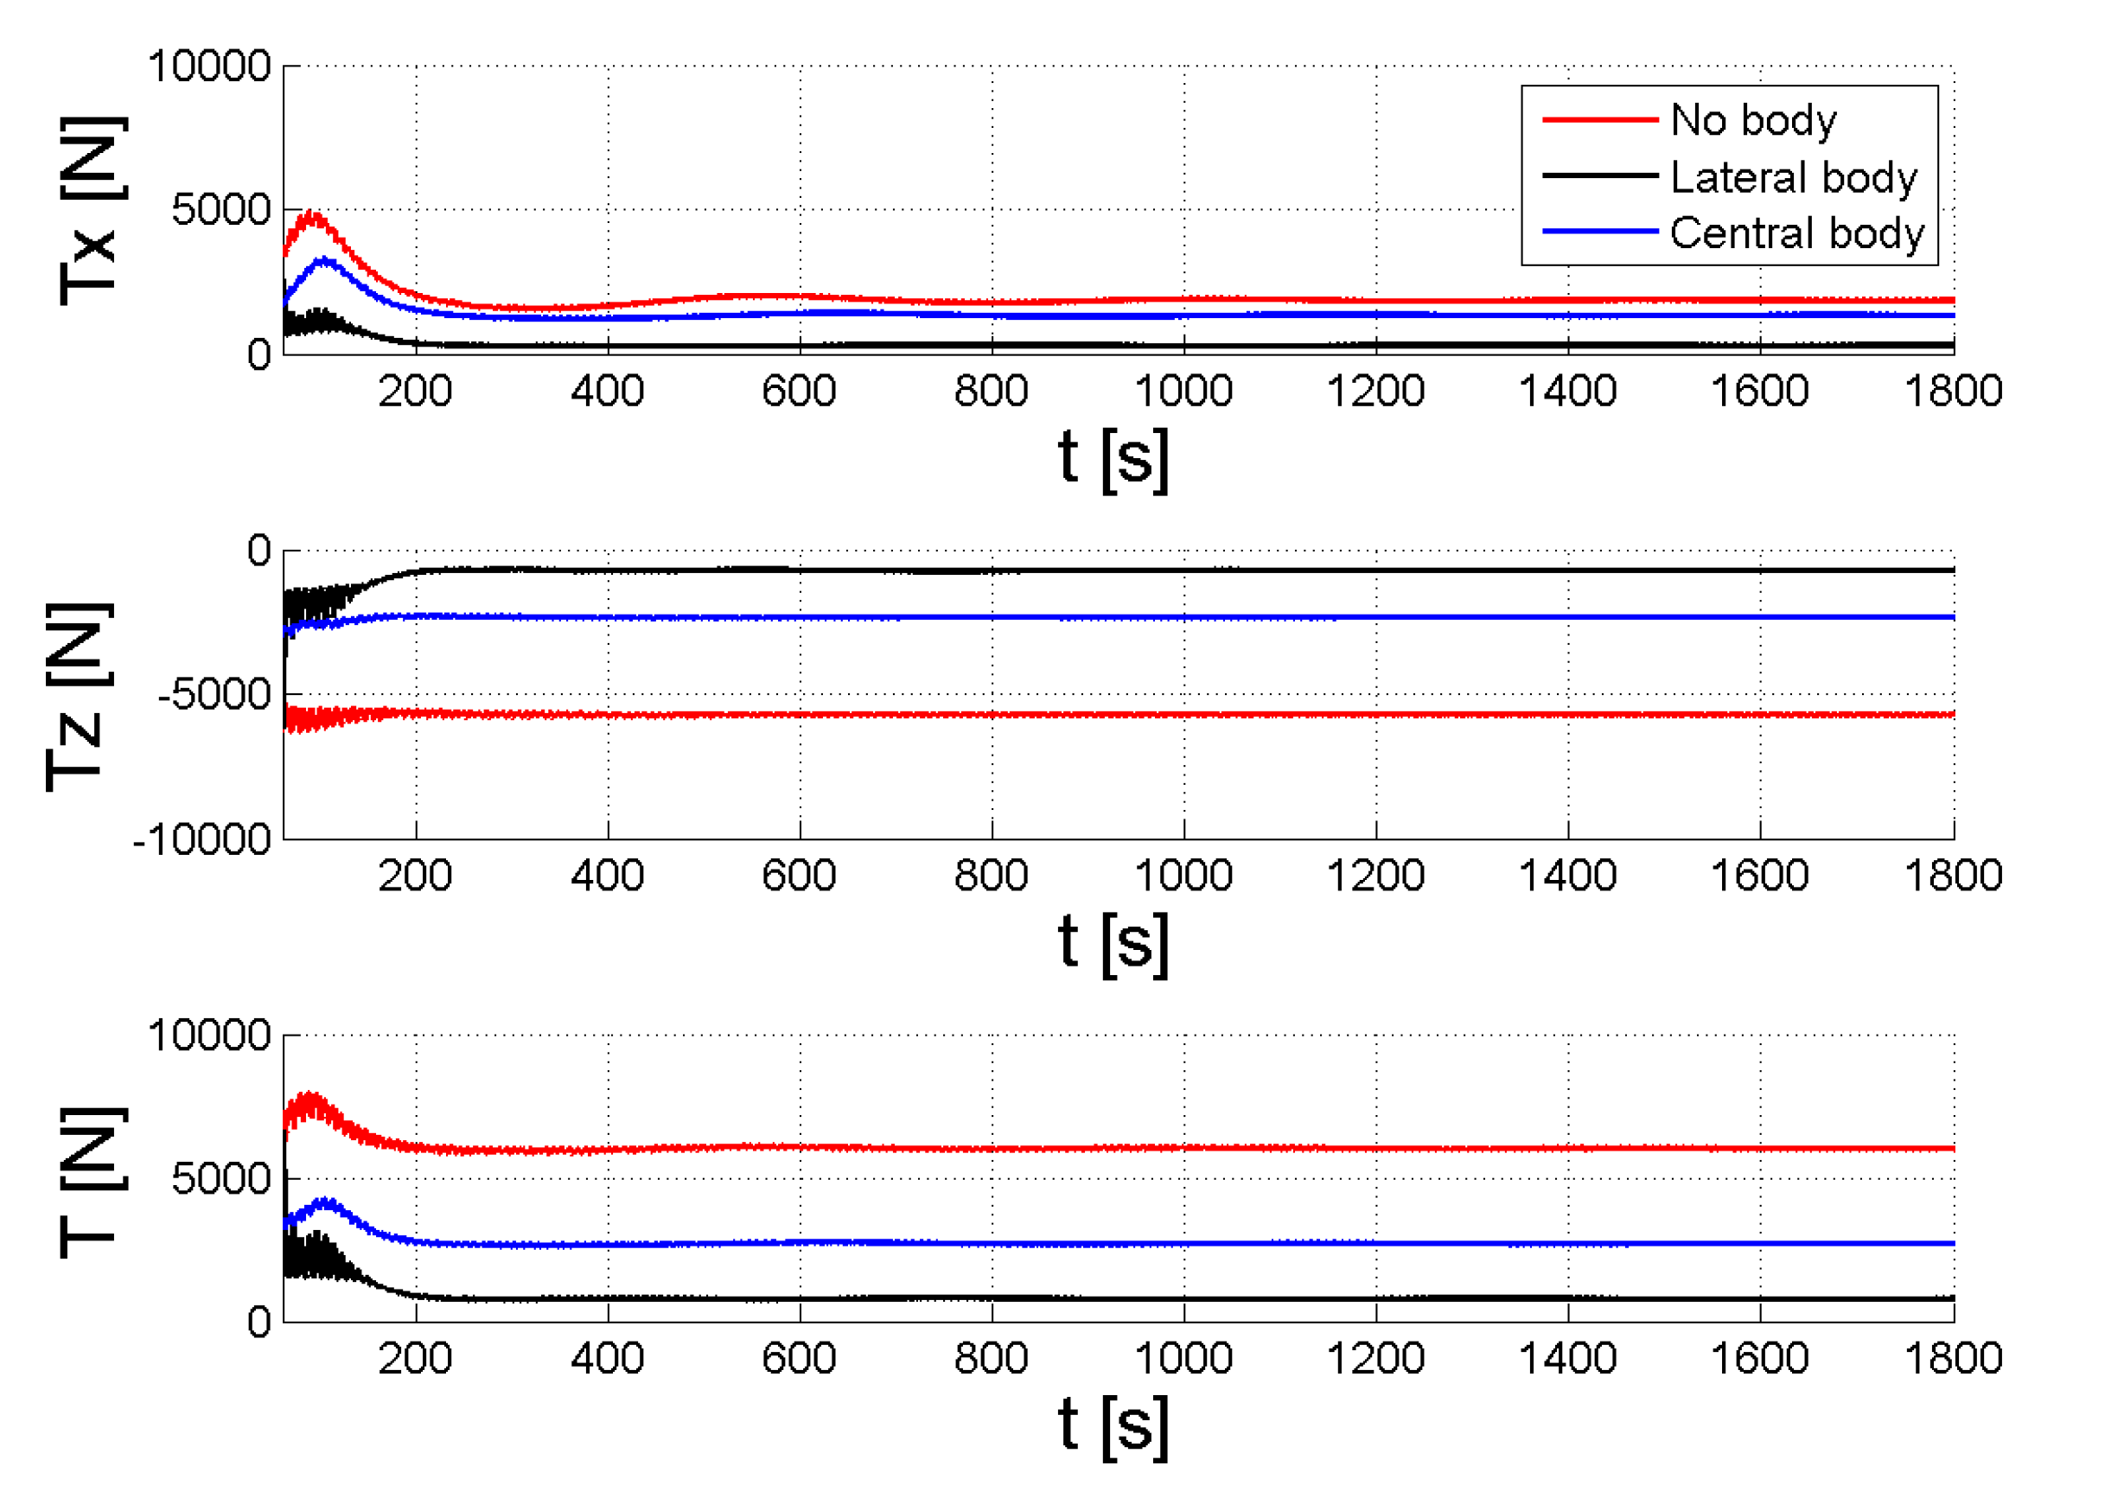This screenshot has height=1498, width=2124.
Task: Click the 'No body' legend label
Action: pyautogui.click(x=1753, y=120)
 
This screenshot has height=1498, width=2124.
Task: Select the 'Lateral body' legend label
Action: pyautogui.click(x=1794, y=176)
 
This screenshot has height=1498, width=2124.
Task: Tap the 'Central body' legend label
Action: pyautogui.click(x=1796, y=233)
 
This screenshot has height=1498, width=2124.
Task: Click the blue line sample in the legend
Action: pyautogui.click(x=1599, y=232)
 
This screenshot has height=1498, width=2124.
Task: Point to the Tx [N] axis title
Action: pyautogui.click(x=91, y=211)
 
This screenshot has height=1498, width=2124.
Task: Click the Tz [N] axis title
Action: pyautogui.click(x=79, y=697)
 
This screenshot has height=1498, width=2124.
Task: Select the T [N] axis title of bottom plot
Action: pyautogui.click(x=91, y=1182)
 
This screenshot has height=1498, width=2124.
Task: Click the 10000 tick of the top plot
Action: pyautogui.click(x=209, y=67)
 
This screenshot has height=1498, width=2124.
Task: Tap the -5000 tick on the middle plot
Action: pyautogui.click(x=214, y=694)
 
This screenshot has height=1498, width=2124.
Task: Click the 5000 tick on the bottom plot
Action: pyautogui.click(x=221, y=1179)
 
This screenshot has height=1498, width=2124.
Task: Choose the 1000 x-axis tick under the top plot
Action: pyautogui.click(x=1183, y=392)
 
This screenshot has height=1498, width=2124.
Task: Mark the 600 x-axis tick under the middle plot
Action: pyautogui.click(x=800, y=876)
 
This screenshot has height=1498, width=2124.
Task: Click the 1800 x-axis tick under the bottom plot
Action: pyautogui.click(x=1953, y=1359)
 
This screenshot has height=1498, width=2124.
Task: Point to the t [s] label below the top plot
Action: pyautogui.click(x=1113, y=458)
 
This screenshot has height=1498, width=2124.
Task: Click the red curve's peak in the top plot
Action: pyautogui.click(x=313, y=216)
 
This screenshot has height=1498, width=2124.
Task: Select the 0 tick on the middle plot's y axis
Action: pyautogui.click(x=259, y=551)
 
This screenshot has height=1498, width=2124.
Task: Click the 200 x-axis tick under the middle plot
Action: pyautogui.click(x=415, y=876)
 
